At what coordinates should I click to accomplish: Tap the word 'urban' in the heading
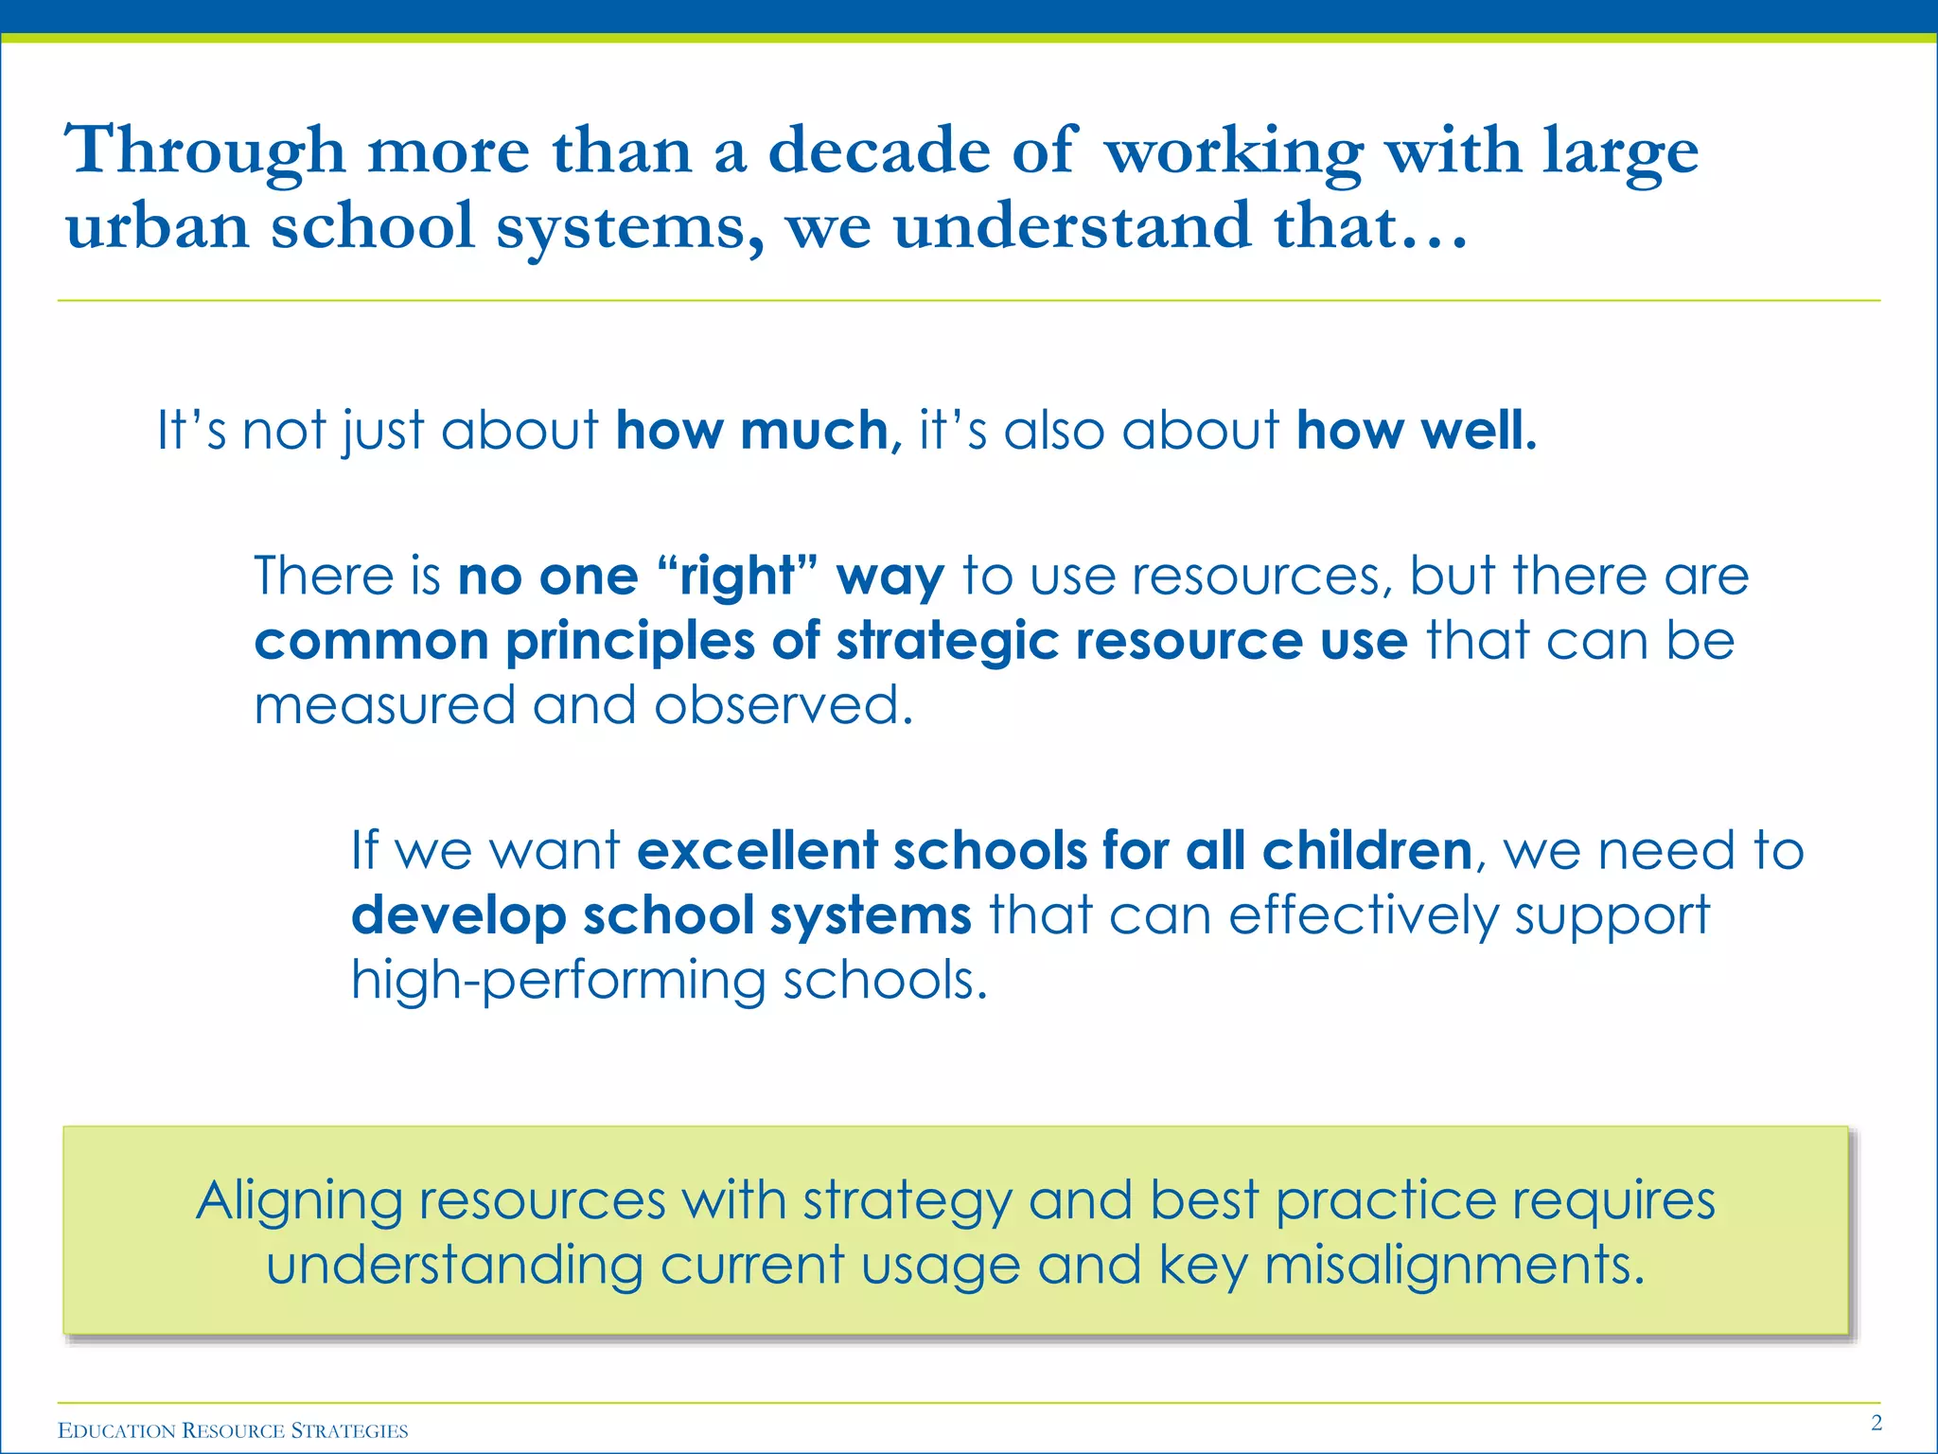coord(157,227)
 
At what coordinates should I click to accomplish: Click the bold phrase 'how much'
coord(752,431)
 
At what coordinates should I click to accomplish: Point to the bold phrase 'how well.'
coord(1417,431)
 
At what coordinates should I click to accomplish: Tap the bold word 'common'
coord(371,641)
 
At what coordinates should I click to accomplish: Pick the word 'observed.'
coord(784,706)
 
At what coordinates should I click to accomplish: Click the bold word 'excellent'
coord(757,849)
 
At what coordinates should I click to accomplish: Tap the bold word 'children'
coord(1366,849)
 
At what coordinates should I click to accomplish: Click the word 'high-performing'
coord(558,981)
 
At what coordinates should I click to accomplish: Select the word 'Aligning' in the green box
coord(299,1202)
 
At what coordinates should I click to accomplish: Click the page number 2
coord(1876,1423)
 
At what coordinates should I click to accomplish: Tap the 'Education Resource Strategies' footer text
coord(233,1430)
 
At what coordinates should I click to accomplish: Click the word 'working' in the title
coord(1234,151)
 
